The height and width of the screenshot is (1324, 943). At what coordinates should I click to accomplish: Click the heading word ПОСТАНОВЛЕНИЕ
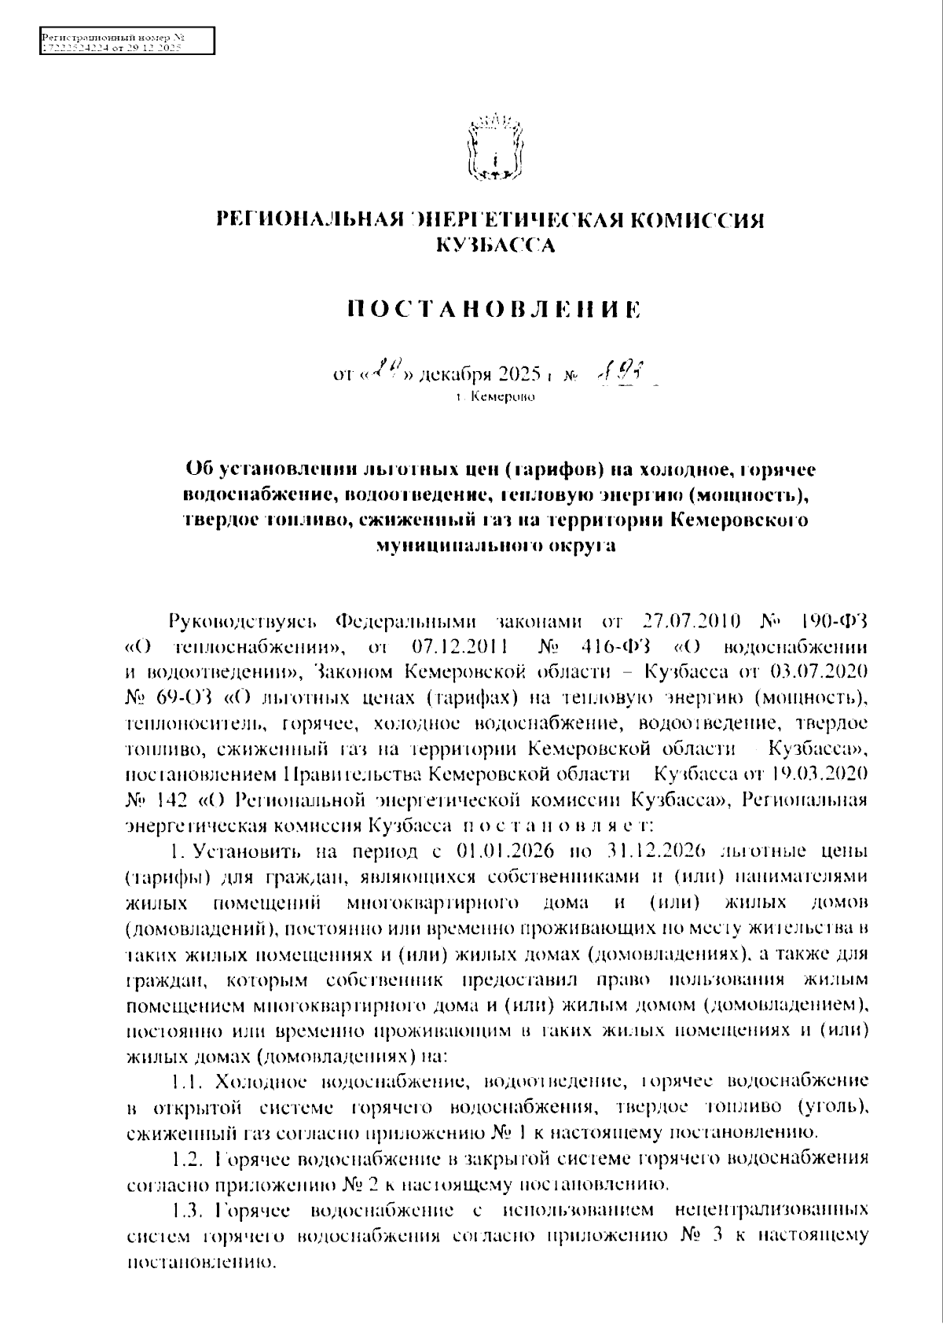(x=494, y=309)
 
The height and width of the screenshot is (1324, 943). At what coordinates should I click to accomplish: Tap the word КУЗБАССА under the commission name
(x=496, y=246)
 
